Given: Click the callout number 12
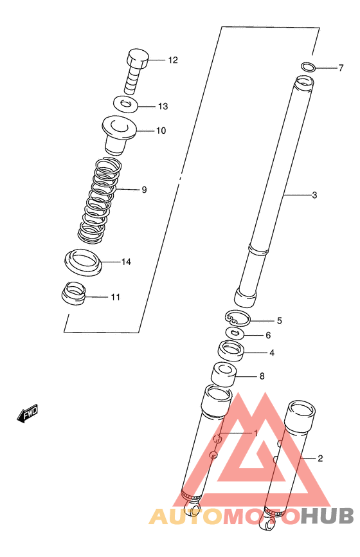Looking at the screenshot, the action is pos(173,60).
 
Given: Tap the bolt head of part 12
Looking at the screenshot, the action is pos(138,59).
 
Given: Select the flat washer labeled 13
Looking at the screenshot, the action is pos(126,104).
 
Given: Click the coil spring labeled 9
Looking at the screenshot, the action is pos(100,200).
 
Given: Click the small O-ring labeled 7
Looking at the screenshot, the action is pos(308,67).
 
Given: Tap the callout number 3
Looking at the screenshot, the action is pos(314,195).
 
